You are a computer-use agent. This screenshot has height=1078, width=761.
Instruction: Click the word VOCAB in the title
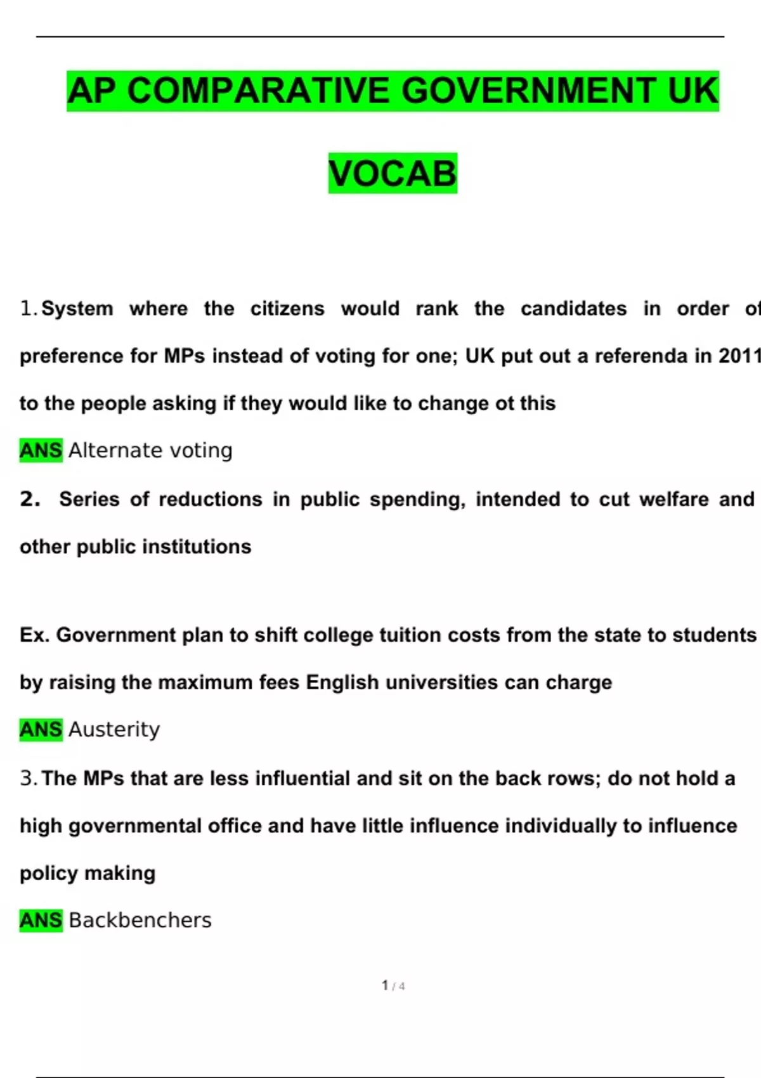pyautogui.click(x=393, y=173)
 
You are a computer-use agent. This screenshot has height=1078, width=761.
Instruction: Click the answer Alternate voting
pyautogui.click(x=150, y=450)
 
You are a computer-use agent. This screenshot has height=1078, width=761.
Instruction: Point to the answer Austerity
pyautogui.click(x=114, y=729)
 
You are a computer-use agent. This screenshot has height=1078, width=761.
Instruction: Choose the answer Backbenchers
pyautogui.click(x=140, y=920)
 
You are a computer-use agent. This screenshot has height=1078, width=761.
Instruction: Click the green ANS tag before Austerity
pyautogui.click(x=41, y=729)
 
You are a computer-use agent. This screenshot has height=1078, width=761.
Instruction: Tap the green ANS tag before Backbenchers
pyautogui.click(x=41, y=920)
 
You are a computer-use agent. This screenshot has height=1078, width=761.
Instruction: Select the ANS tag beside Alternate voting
pyautogui.click(x=41, y=450)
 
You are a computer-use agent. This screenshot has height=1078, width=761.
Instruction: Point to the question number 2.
pyautogui.click(x=30, y=499)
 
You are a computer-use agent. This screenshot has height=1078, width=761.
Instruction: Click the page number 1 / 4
pyautogui.click(x=393, y=985)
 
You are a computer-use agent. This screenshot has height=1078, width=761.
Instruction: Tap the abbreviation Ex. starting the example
pyautogui.click(x=34, y=635)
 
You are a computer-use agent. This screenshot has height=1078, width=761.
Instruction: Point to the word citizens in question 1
pyautogui.click(x=287, y=309)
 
